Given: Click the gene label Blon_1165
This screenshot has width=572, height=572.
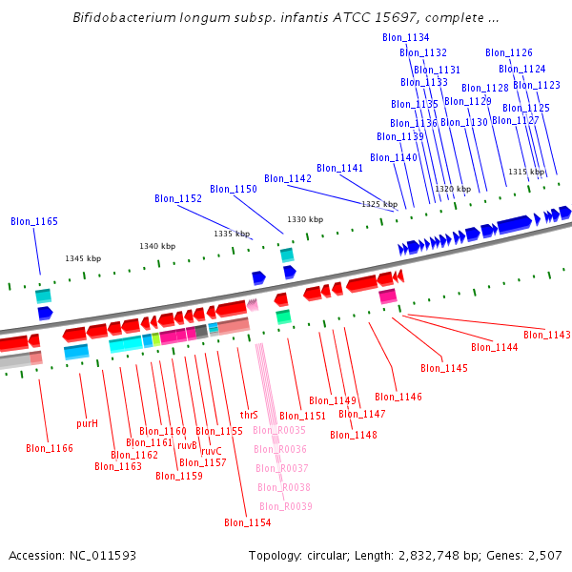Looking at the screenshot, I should [x=34, y=221].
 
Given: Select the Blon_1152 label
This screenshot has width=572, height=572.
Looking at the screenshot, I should [x=178, y=198].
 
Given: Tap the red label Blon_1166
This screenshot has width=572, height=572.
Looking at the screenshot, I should [x=50, y=448].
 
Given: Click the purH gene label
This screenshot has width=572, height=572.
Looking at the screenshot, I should [x=87, y=422].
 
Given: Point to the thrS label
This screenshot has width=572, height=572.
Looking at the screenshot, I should [x=249, y=415].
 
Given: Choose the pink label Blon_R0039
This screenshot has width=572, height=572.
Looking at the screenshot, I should [x=286, y=506].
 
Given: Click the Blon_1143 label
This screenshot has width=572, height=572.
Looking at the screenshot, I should [x=546, y=335].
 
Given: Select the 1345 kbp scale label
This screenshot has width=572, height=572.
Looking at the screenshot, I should [x=83, y=258].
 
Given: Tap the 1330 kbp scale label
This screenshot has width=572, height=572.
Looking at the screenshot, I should [x=305, y=219].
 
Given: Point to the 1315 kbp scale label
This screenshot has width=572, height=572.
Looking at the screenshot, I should [x=526, y=172].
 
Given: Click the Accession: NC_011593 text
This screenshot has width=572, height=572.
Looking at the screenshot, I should [x=72, y=555].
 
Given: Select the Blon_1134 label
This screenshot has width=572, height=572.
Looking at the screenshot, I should [x=405, y=37].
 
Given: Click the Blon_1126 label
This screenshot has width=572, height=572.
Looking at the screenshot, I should [x=509, y=53].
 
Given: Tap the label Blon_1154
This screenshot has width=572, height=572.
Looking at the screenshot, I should [x=248, y=522].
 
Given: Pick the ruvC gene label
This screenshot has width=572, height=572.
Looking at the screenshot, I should [x=211, y=451].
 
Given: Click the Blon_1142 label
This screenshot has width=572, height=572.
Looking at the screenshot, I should [x=288, y=178].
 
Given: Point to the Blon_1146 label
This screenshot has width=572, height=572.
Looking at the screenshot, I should [x=398, y=397].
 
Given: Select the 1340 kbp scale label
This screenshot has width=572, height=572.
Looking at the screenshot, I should [x=157, y=246].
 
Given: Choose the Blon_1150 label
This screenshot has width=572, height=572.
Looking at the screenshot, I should [x=234, y=189].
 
